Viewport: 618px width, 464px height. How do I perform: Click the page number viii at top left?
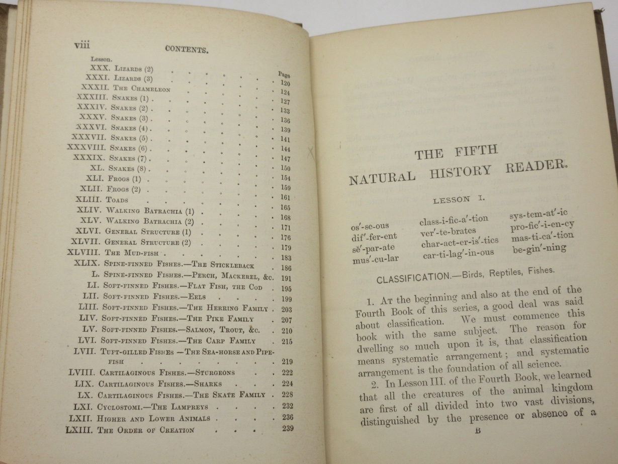coord(82,45)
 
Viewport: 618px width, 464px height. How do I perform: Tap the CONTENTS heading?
coord(186,49)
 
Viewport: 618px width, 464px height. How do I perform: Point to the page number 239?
coord(287,429)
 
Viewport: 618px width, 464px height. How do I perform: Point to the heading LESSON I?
coord(459,199)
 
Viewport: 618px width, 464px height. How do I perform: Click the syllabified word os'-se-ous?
coord(370,226)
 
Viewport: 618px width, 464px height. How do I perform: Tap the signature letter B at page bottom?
coord(477,430)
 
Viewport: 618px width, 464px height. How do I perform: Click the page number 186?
coord(287,268)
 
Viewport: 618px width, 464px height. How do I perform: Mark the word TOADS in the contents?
coord(117,200)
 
